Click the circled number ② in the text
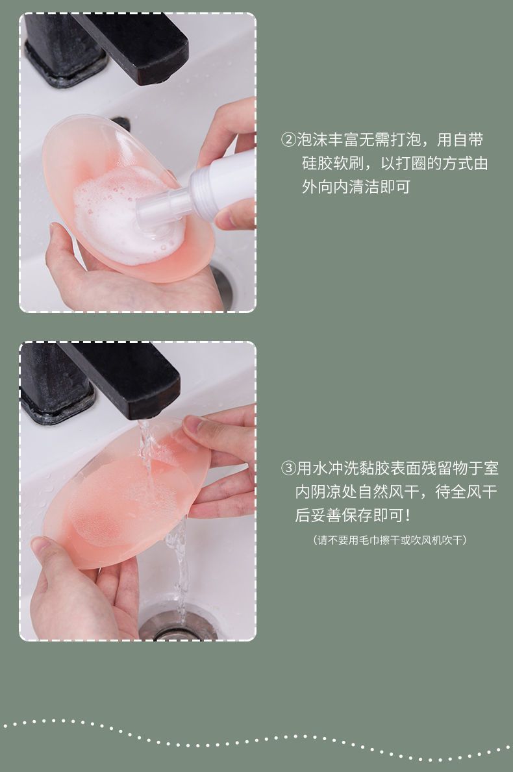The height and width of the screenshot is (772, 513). pyautogui.click(x=288, y=140)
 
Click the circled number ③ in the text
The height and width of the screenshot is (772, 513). pyautogui.click(x=288, y=467)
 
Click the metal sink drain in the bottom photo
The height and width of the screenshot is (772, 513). pyautogui.click(x=177, y=625)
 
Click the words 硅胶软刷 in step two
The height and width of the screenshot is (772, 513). pyautogui.click(x=325, y=164)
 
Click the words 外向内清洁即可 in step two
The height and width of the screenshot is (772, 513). pyautogui.click(x=356, y=187)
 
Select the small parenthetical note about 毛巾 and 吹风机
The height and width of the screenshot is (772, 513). pyautogui.click(x=390, y=540)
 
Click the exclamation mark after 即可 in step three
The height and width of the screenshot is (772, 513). pyautogui.click(x=407, y=516)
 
